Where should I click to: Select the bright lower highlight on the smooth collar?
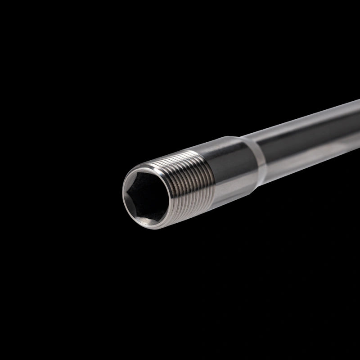[x=234, y=189]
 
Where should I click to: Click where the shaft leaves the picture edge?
[x=358, y=121]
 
